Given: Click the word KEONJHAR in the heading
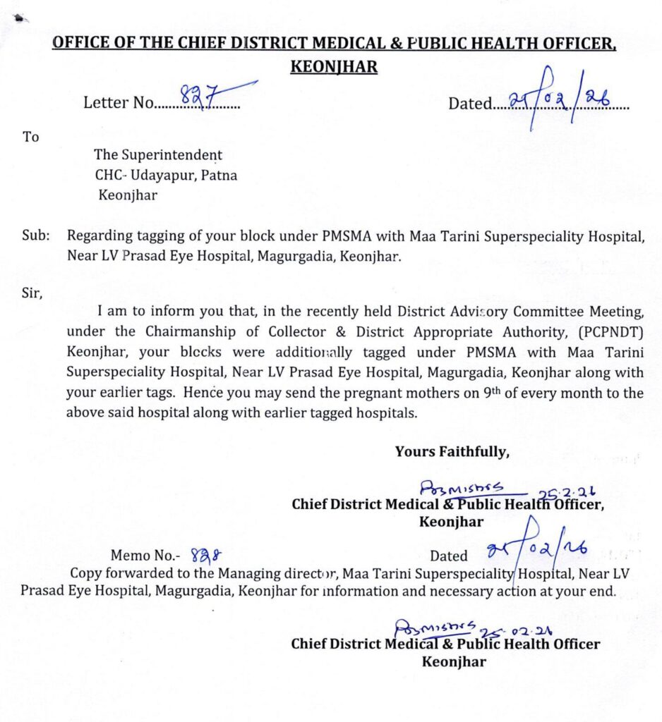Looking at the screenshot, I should pyautogui.click(x=334, y=67).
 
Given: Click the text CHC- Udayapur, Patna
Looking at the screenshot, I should pyautogui.click(x=166, y=176).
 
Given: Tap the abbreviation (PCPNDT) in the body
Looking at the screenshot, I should pyautogui.click(x=610, y=331).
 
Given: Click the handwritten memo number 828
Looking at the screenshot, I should pyautogui.click(x=203, y=556).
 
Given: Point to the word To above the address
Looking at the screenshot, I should pyautogui.click(x=31, y=137).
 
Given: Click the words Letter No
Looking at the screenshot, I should pyautogui.click(x=118, y=104).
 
